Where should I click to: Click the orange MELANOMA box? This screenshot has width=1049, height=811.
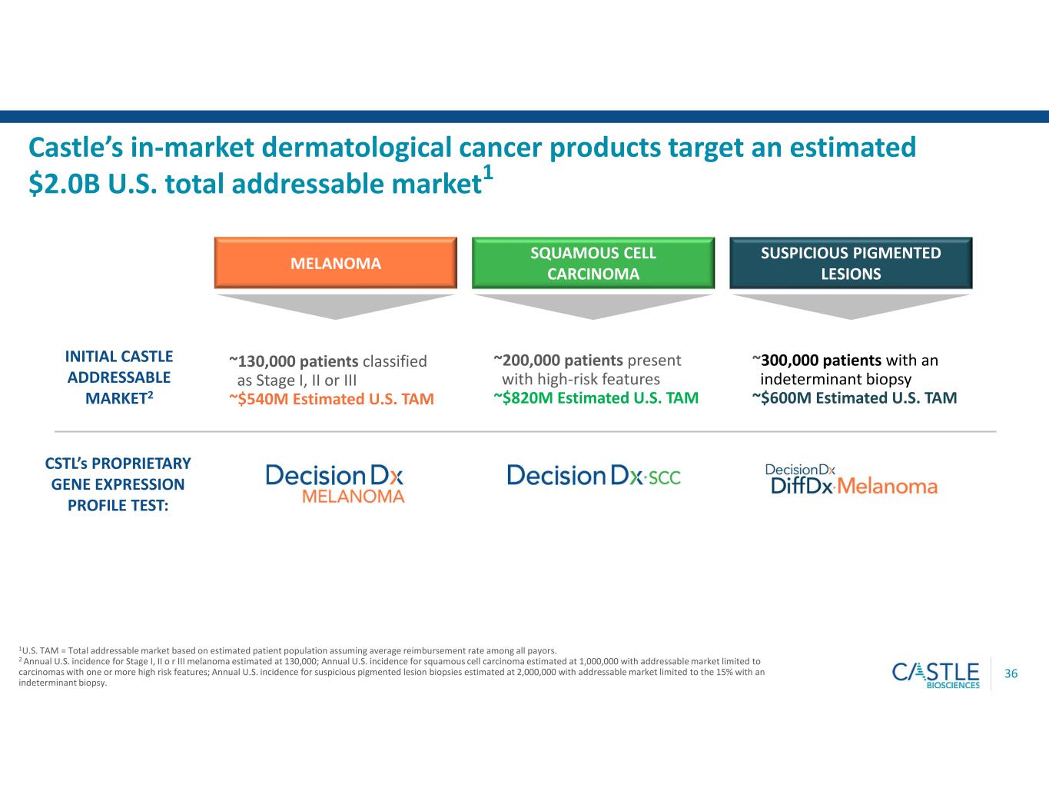pos(336,263)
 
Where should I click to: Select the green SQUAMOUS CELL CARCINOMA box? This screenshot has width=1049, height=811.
pos(593,263)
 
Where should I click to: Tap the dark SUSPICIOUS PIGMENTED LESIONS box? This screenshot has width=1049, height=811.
pos(851,263)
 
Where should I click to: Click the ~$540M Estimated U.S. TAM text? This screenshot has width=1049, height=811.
pos(332,399)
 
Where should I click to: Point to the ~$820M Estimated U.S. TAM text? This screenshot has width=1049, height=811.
pos(596,398)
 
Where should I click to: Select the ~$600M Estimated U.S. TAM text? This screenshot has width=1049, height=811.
pos(855,398)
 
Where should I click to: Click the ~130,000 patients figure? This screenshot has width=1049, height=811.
pos(294,361)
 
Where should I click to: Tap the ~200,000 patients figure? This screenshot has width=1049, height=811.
pos(558,360)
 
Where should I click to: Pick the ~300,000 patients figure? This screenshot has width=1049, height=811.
pos(817,360)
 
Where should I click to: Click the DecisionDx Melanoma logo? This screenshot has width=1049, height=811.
pos(335,484)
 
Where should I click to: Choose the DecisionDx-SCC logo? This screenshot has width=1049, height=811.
pos(594,475)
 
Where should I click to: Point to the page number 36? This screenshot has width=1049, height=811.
pos(1011,674)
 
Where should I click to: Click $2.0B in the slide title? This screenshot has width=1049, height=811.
pos(65,184)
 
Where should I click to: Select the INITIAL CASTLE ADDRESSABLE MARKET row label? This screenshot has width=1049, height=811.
pos(119,377)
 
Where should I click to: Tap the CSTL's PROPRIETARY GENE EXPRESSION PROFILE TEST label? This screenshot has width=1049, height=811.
pos(118,484)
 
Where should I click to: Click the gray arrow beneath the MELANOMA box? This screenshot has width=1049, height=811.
pos(336,307)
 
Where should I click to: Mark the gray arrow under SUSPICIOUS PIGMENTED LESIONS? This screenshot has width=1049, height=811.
pos(851,307)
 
